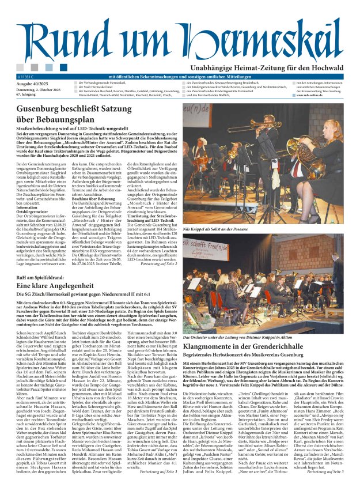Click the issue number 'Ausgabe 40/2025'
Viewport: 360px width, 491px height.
pyautogui.click(x=29, y=84)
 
